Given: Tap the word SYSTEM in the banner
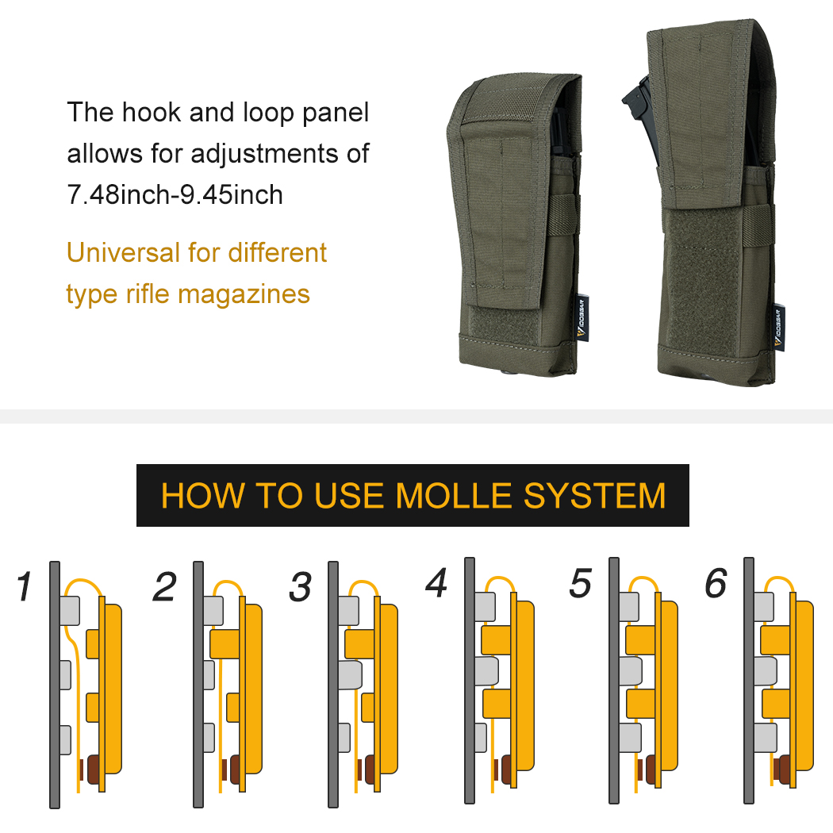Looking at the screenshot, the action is [x=594, y=496].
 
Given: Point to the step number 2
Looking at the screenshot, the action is [x=164, y=586].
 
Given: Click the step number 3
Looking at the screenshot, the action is [x=300, y=586].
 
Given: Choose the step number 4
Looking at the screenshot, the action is [x=436, y=582].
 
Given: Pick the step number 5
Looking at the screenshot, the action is [x=580, y=583].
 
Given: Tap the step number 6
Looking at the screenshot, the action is [x=716, y=583].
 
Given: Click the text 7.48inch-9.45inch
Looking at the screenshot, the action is [x=175, y=194].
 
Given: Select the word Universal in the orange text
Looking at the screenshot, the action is [x=123, y=252].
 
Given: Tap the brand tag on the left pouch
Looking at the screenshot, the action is [x=582, y=317].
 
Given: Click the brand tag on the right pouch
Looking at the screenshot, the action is [x=778, y=327].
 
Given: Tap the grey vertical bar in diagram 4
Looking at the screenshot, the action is [x=469, y=681].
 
